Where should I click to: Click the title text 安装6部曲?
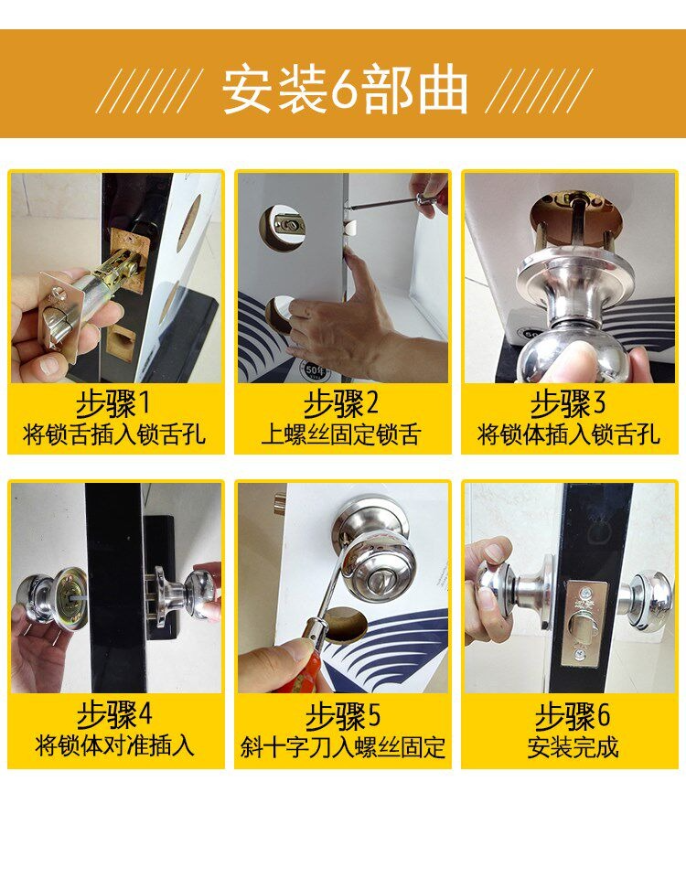pyautogui.click(x=345, y=91)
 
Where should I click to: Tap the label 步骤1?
pyautogui.click(x=114, y=403)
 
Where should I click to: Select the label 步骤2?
pyautogui.click(x=341, y=403)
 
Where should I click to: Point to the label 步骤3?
pyautogui.click(x=569, y=403)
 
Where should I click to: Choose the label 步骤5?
pyautogui.click(x=342, y=715)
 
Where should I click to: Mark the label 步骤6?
pyautogui.click(x=573, y=715)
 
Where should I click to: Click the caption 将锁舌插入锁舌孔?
pyautogui.click(x=114, y=435)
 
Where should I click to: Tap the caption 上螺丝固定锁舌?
pyautogui.click(x=341, y=435)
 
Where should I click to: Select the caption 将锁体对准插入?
pyautogui.click(x=114, y=745)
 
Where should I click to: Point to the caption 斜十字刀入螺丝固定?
pyautogui.click(x=342, y=746)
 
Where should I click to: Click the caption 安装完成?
pyautogui.click(x=573, y=746)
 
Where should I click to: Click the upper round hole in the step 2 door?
pyautogui.click(x=284, y=225)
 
